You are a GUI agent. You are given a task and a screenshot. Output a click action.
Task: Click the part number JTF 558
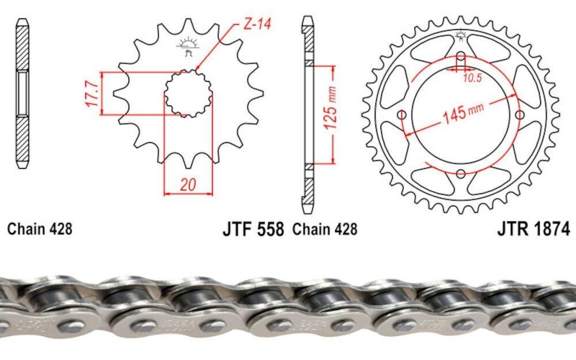pyautogui.click(x=253, y=229)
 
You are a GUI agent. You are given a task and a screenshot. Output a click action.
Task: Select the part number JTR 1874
pyautogui.click(x=533, y=229)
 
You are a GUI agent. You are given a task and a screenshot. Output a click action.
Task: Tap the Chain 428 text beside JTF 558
pyautogui.click(x=325, y=229)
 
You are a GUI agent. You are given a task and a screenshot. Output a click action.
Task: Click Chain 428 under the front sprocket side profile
pyautogui.click(x=40, y=229)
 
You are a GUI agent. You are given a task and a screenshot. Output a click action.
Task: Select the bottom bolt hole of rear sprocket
pyautogui.click(x=461, y=174)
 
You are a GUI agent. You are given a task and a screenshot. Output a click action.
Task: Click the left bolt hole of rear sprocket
pyautogui.click(x=402, y=115)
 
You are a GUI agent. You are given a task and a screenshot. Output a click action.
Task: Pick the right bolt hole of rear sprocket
pyautogui.click(x=520, y=115)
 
